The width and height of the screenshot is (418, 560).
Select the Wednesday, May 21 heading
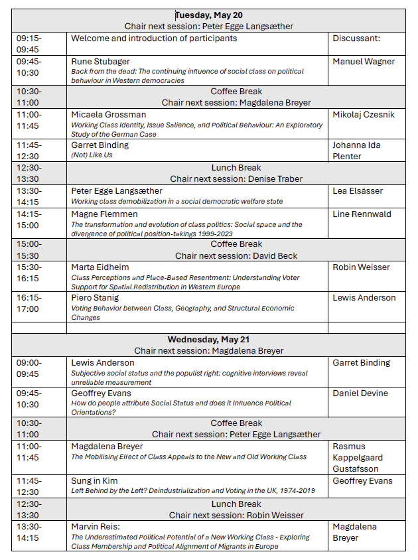point(208,340)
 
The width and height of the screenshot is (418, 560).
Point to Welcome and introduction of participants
point(154,38)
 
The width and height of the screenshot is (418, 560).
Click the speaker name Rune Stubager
point(101,62)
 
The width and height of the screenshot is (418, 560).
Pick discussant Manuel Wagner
point(364,62)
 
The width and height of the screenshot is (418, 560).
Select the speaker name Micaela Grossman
point(109,115)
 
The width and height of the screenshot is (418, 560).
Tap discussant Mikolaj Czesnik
point(364,115)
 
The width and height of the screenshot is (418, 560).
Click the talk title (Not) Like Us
point(93,155)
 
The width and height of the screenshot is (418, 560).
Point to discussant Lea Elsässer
point(359,191)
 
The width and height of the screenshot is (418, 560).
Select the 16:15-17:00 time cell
point(29,303)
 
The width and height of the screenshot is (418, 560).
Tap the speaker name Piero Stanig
point(96,298)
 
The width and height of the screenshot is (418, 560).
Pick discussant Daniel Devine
point(359,393)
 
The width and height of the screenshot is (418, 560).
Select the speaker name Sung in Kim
point(97,481)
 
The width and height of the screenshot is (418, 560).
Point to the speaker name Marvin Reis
point(98,527)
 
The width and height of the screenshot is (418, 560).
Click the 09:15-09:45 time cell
point(29,44)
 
